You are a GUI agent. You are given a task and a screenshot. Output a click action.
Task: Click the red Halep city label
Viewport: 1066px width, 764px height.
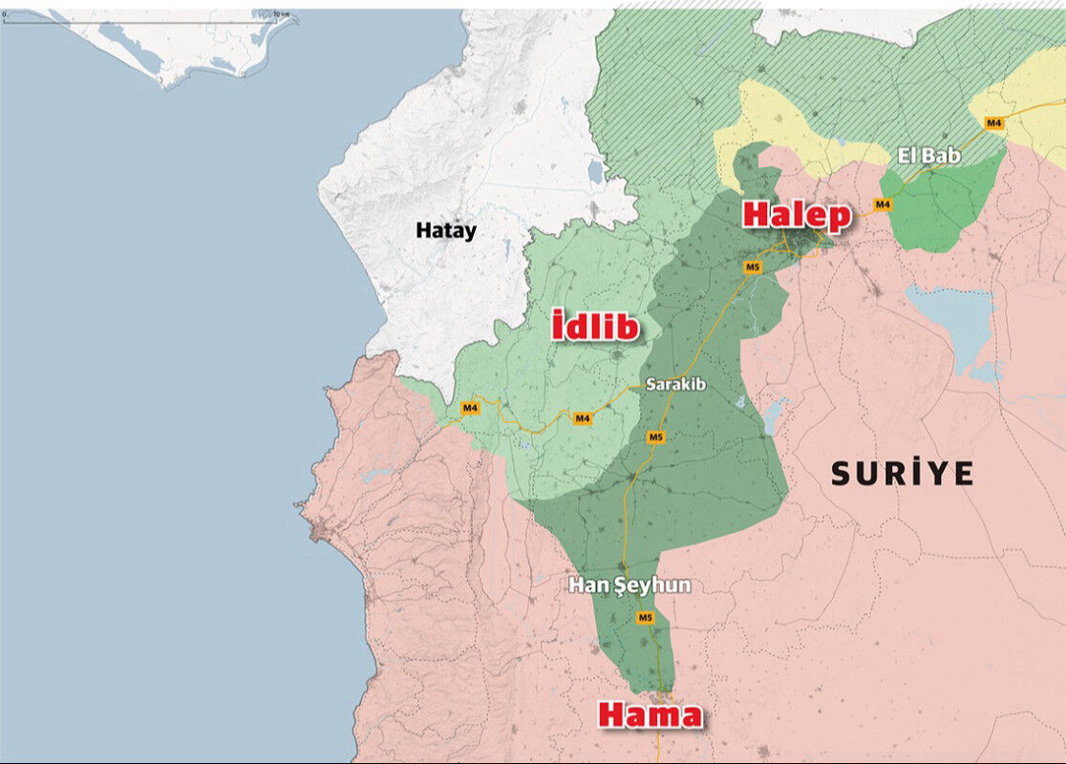pos(796,215)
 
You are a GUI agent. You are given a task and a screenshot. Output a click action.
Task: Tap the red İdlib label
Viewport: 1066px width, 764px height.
pos(595,327)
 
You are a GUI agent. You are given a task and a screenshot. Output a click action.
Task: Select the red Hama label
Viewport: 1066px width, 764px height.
pos(650,714)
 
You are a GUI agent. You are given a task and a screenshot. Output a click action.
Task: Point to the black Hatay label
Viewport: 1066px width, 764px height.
pos(445,230)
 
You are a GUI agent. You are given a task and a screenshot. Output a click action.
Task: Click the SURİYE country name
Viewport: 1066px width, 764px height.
pos(902,473)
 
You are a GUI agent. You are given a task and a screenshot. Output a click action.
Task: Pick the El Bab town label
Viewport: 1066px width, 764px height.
pos(928,155)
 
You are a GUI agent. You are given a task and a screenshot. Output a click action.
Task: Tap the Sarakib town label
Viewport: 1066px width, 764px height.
pos(675,384)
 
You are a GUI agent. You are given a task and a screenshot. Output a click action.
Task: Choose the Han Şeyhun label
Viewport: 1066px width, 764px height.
pos(629,585)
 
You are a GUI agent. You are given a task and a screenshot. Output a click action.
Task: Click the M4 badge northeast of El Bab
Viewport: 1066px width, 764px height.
pos(993,122)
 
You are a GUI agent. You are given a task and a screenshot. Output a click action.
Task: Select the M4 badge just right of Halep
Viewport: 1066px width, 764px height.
pos(883,204)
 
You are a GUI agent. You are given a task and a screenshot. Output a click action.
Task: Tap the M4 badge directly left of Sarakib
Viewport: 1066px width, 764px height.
pos(583,418)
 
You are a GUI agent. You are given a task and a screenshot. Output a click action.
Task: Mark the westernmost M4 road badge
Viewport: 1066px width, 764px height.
pos(469,409)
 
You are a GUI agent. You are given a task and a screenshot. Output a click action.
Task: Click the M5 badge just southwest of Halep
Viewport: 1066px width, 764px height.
pos(753,267)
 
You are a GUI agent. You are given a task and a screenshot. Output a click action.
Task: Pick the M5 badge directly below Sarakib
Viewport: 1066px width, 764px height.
pos(655,437)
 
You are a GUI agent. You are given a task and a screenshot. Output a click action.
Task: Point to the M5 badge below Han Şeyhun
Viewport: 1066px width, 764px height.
pos(645,618)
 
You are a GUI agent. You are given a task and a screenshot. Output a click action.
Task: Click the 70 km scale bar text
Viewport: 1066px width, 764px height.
pos(280,14)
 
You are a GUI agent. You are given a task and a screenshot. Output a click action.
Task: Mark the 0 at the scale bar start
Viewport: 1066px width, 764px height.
pos(4,14)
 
